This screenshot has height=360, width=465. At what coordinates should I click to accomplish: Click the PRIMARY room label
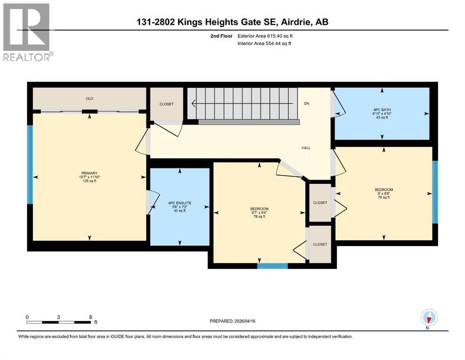point(89,173)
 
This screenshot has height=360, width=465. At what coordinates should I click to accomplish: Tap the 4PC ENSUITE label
point(179,203)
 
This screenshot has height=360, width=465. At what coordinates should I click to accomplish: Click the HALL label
point(306,148)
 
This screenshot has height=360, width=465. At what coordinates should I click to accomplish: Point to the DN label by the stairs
point(307,104)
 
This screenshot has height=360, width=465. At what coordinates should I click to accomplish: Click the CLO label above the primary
point(89,98)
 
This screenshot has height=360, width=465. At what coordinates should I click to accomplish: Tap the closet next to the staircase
point(166,104)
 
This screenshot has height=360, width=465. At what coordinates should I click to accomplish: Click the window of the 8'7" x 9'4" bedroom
point(272,266)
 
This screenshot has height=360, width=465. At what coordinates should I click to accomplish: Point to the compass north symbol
point(429,318)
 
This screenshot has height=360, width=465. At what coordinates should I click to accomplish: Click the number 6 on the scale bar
point(90,317)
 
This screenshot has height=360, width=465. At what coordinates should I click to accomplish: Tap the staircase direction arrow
point(234,104)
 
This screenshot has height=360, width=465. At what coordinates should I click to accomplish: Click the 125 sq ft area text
point(89,181)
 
